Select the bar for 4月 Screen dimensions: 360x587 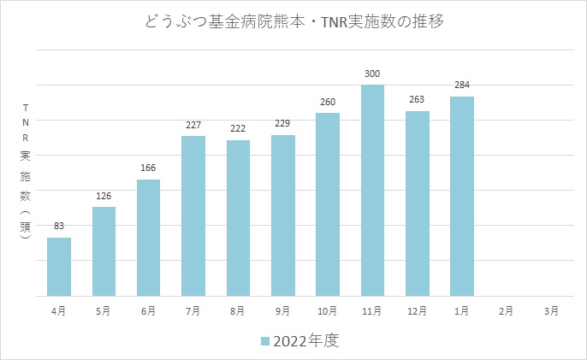(59, 266)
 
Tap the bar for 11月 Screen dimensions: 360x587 (372, 190)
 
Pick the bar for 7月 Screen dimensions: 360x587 (193, 215)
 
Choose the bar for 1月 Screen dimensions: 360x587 (462, 196)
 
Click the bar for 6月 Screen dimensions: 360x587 (149, 237)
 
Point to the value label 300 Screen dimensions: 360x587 (372, 74)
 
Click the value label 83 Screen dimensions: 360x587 (59, 227)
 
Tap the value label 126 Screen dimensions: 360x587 (104, 196)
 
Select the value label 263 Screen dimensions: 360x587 (418, 100)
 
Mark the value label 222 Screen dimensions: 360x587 (238, 129)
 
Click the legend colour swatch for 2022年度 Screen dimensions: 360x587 (265, 341)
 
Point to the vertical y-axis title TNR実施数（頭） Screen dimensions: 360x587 (26, 176)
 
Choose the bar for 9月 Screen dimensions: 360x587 (283, 215)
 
